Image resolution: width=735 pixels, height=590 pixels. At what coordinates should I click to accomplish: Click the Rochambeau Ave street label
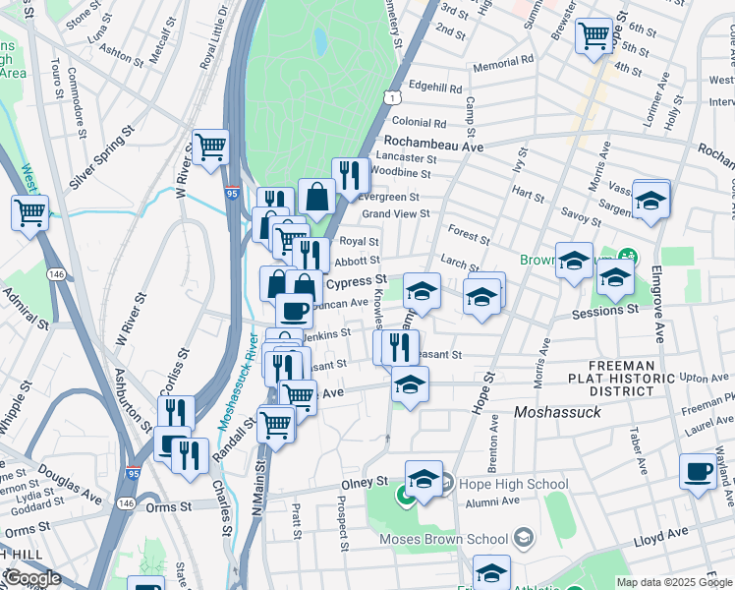[x=433, y=144]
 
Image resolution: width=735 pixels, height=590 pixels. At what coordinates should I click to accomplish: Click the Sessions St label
[x=604, y=310]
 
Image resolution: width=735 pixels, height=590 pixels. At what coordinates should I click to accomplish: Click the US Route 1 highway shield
[x=392, y=97]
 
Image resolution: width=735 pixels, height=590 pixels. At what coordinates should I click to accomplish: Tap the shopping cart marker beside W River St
[x=210, y=147]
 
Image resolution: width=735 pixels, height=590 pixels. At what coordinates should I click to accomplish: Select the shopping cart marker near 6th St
[x=594, y=35]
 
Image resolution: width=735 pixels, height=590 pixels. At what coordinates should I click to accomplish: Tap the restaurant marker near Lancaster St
[x=351, y=176]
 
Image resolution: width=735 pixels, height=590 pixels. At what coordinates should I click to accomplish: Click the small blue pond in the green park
[x=319, y=40]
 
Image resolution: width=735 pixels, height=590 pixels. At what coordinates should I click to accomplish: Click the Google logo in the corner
[x=31, y=578]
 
